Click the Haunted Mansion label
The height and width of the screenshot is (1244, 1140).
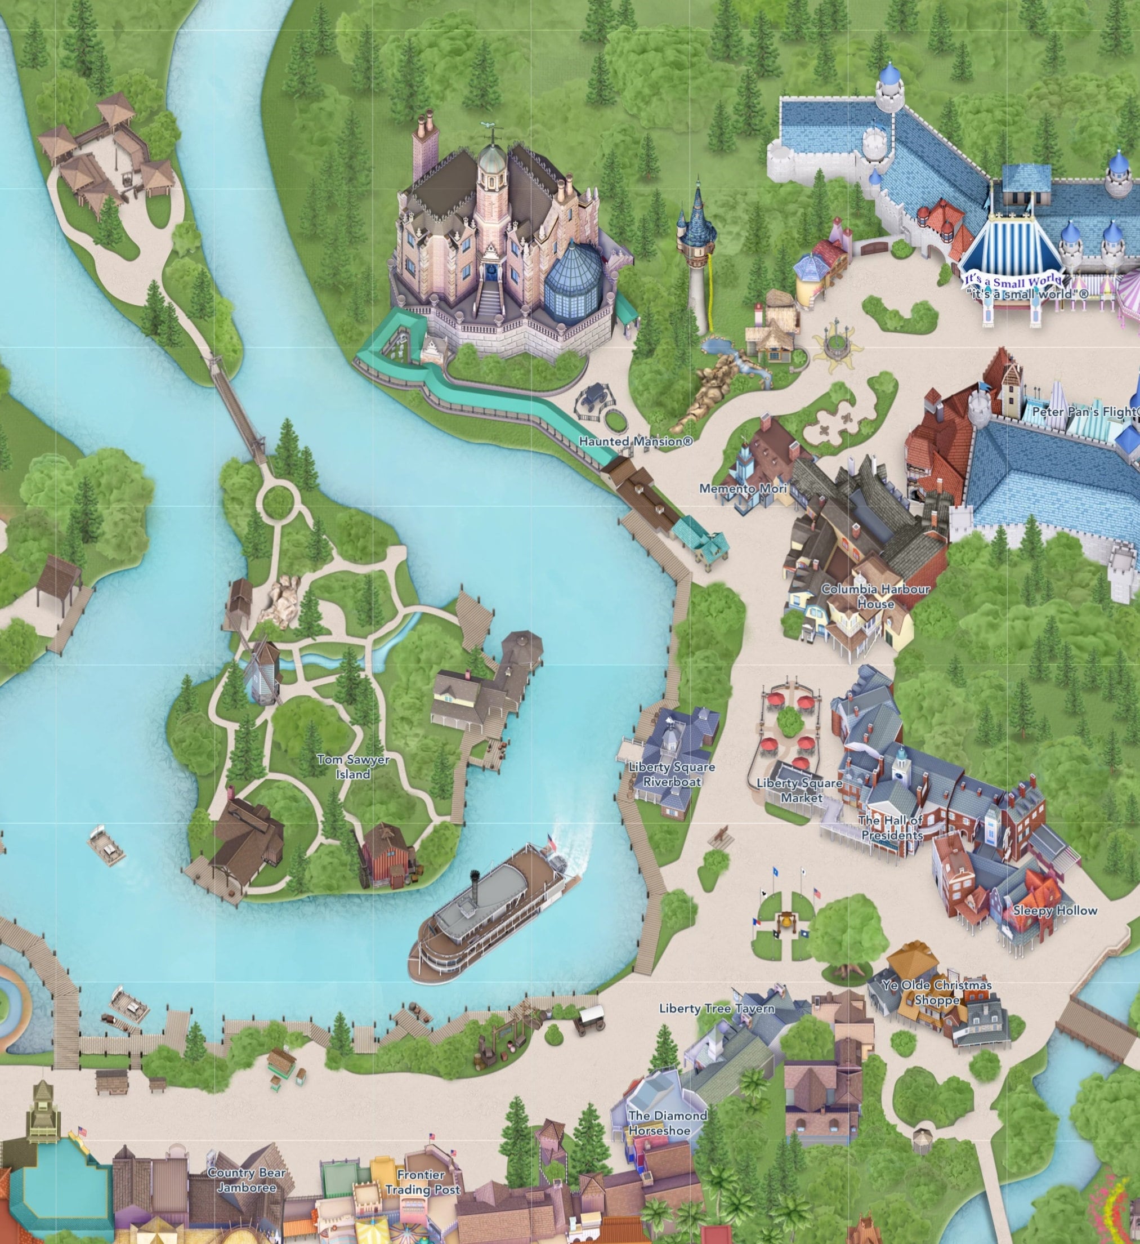(x=636, y=441)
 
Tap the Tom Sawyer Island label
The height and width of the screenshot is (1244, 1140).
(x=353, y=766)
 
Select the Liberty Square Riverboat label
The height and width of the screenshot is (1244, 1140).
(x=672, y=774)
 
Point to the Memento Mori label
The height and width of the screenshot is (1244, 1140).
(x=743, y=488)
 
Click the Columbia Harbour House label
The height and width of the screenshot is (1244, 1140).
(x=875, y=596)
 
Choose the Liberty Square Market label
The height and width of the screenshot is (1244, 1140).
(x=799, y=790)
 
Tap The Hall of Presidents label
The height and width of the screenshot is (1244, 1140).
(x=891, y=827)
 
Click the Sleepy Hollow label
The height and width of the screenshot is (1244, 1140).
(x=1055, y=910)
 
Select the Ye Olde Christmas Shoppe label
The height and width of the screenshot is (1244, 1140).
(x=936, y=992)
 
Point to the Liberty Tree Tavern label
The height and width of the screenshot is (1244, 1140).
(x=716, y=1008)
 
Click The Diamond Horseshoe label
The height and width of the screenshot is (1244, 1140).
(x=668, y=1123)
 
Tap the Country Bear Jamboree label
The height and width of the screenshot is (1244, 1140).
(x=246, y=1180)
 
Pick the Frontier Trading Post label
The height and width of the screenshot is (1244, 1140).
(x=422, y=1182)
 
